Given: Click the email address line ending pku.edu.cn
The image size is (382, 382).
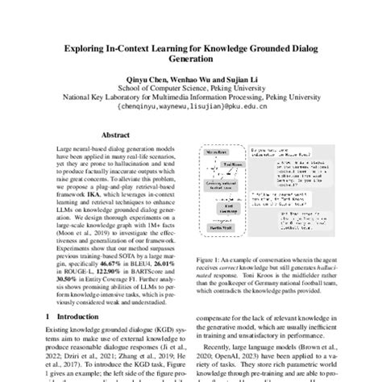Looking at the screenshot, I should point(191,106).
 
